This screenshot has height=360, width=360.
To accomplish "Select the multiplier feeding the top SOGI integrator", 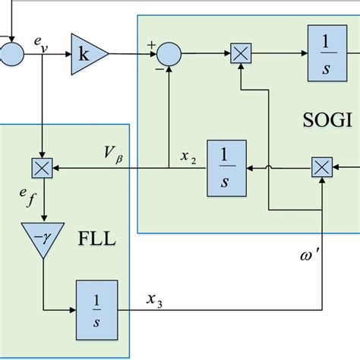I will pos(241,53).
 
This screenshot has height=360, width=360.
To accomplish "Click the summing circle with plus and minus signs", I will pos(169,54).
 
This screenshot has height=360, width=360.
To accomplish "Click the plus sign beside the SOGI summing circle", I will pos(151,46).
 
